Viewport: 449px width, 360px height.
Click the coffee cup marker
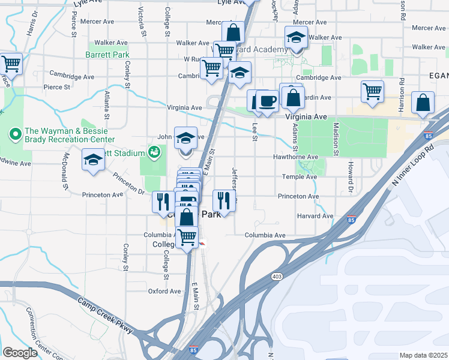(x=267, y=100)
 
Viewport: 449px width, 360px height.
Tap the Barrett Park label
(x=108, y=55)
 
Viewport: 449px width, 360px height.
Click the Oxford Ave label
(x=164, y=292)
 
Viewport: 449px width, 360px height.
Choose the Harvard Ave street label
(x=314, y=216)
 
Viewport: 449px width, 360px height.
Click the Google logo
(x=20, y=352)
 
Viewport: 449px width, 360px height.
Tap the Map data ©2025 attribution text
(x=423, y=355)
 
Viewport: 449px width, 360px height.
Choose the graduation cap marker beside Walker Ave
(x=295, y=38)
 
